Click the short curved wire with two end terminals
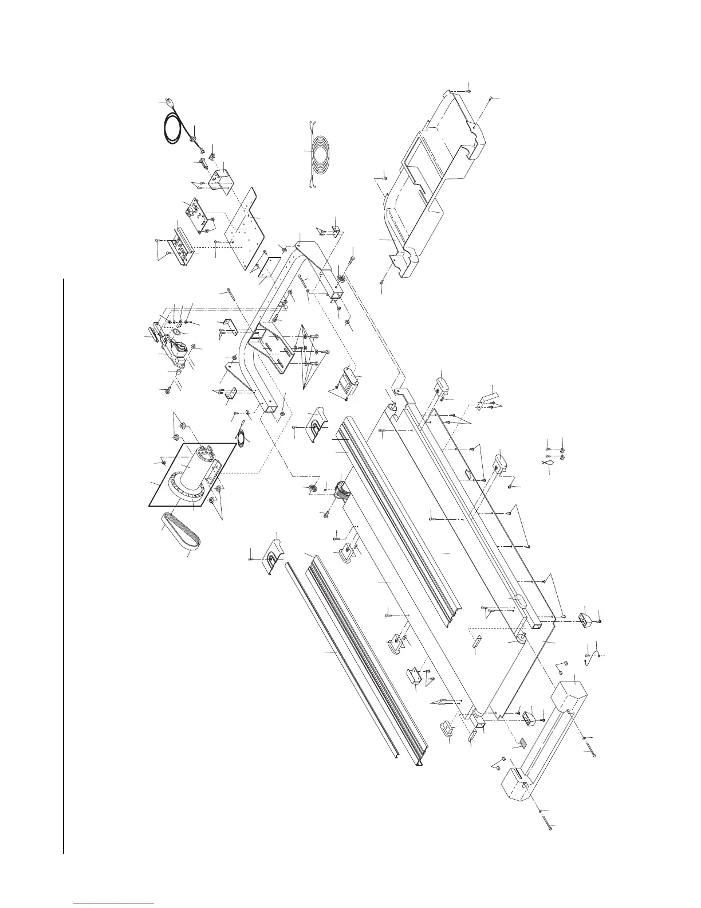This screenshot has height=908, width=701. point(593,653)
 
